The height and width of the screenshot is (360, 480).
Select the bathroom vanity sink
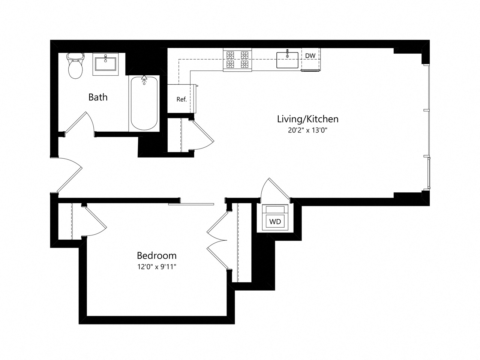pos(106,64)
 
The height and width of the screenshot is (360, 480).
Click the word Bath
pos(98,97)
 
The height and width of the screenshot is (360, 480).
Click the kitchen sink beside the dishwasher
pos(287,60)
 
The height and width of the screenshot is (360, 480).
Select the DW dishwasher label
pos(310,56)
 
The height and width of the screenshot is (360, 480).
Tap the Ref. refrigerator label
pos(181,99)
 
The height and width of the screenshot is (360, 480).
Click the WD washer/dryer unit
pos(275,221)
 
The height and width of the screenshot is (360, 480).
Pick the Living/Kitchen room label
pos(307,119)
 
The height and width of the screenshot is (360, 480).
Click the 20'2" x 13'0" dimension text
pos(307,130)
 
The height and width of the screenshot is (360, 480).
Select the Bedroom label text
pos(156,255)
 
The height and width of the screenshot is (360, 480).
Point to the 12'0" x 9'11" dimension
pos(156,267)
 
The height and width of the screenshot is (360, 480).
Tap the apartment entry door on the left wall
pos(69,174)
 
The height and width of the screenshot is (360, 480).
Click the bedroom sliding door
pos(191,204)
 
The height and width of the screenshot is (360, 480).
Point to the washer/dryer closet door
pos(276,189)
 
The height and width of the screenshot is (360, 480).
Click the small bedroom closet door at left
pos(96,221)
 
